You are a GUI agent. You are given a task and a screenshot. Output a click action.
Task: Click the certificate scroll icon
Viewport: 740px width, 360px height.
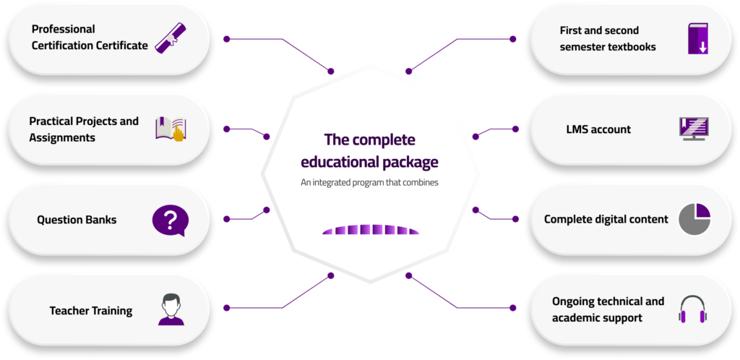coord(171,38)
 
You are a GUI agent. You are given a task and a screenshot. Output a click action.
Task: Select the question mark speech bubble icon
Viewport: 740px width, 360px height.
coord(170,220)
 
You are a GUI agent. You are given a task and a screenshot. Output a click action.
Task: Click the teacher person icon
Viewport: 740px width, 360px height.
coord(170,309)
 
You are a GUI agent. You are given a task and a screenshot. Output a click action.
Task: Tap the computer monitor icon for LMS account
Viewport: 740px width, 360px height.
coord(694,129)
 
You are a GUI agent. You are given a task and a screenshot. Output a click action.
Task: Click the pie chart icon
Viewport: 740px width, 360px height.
coord(694,219)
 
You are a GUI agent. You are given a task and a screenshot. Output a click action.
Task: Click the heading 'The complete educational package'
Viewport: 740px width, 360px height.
coord(369,150)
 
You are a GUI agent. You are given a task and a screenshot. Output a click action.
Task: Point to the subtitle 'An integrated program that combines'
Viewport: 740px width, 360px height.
coord(369,182)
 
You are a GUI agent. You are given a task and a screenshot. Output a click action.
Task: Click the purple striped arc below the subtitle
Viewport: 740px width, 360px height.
coord(370,229)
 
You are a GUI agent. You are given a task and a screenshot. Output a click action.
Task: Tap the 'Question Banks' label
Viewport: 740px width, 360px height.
coord(77,220)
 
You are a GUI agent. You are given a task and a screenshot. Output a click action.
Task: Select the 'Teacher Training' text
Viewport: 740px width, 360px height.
coord(91,311)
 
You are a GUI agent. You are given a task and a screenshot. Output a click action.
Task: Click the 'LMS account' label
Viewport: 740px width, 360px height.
coord(598,129)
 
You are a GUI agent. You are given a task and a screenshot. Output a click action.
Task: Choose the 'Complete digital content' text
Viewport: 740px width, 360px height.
coord(606,219)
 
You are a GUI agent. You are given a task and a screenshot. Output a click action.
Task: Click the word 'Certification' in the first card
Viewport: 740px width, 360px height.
coord(65,46)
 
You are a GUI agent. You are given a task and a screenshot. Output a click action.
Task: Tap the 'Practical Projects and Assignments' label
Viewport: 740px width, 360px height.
coord(84,129)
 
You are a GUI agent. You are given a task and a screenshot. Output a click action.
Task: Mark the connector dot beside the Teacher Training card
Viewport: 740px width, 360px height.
coord(227,309)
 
